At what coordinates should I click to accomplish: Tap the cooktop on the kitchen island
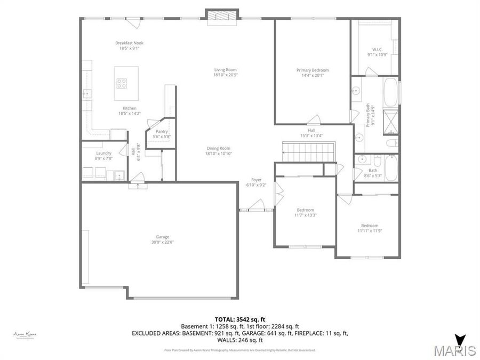(x=122, y=83)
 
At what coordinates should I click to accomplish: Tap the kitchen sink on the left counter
(x=86, y=94)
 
